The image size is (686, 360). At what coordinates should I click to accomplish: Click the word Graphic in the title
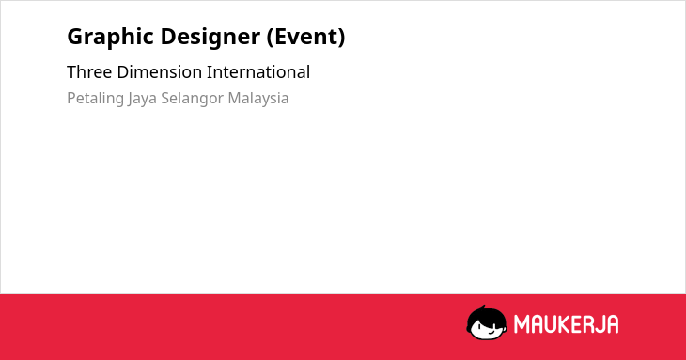click(111, 38)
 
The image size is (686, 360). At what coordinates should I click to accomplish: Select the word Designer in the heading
click(210, 38)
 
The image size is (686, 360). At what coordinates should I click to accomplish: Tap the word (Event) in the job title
click(305, 37)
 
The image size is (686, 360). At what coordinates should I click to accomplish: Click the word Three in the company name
click(89, 72)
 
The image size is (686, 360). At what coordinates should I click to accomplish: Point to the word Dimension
click(159, 72)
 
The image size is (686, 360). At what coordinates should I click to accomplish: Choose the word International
click(258, 72)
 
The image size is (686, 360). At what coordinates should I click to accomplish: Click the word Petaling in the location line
click(95, 99)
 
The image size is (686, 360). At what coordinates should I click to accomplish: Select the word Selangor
click(192, 99)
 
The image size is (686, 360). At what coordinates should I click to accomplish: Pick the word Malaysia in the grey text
click(258, 99)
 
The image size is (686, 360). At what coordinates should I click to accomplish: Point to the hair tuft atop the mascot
click(483, 307)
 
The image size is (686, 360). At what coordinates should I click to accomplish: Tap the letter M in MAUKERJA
click(521, 324)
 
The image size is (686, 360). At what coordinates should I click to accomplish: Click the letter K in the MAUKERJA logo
click(564, 324)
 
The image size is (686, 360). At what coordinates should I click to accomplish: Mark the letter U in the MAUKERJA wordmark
click(550, 324)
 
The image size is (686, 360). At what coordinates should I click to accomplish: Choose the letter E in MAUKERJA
click(576, 324)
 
